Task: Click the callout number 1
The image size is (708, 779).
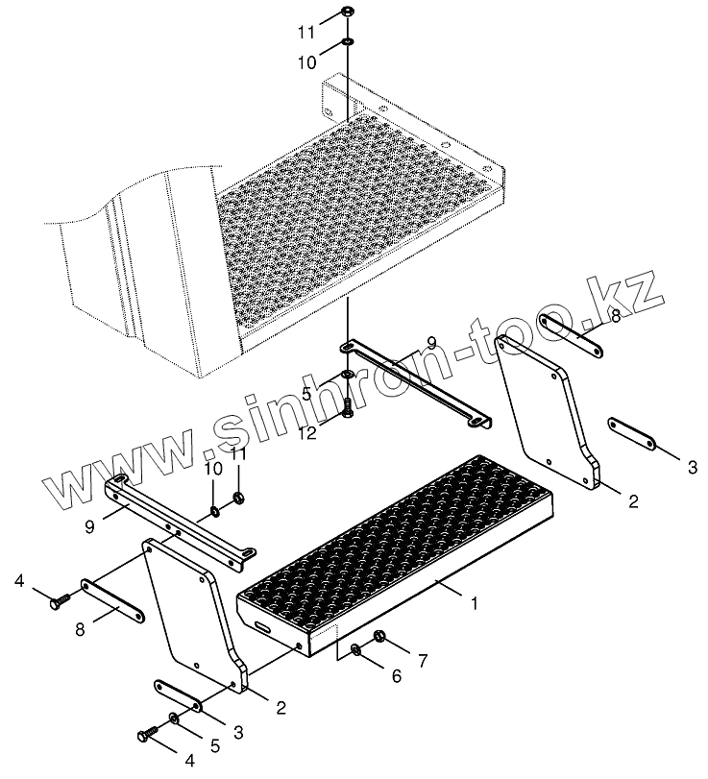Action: (475, 603)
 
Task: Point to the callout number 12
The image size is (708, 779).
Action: (308, 433)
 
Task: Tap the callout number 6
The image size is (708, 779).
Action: (396, 675)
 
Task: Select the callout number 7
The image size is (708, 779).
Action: (423, 661)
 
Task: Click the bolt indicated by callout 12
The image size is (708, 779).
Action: (348, 406)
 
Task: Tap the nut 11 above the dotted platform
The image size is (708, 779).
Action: (348, 10)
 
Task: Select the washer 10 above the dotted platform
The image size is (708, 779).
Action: (348, 40)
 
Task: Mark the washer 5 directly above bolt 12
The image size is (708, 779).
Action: (348, 373)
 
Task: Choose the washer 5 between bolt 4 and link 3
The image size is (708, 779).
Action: (174, 718)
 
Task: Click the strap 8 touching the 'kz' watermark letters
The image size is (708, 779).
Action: (572, 337)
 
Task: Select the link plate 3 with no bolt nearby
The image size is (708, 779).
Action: (632, 434)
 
